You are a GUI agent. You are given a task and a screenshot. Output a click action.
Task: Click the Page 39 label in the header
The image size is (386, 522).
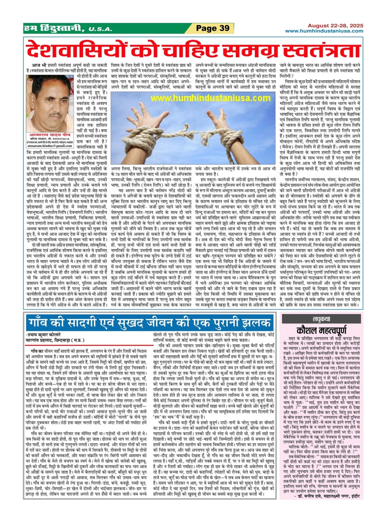pyautogui.click(x=213, y=28)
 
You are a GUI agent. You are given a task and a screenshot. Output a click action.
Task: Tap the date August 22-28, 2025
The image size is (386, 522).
pyautogui.click(x=335, y=26)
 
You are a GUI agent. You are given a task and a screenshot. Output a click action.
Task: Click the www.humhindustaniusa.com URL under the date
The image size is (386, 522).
pyautogui.click(x=324, y=31)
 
